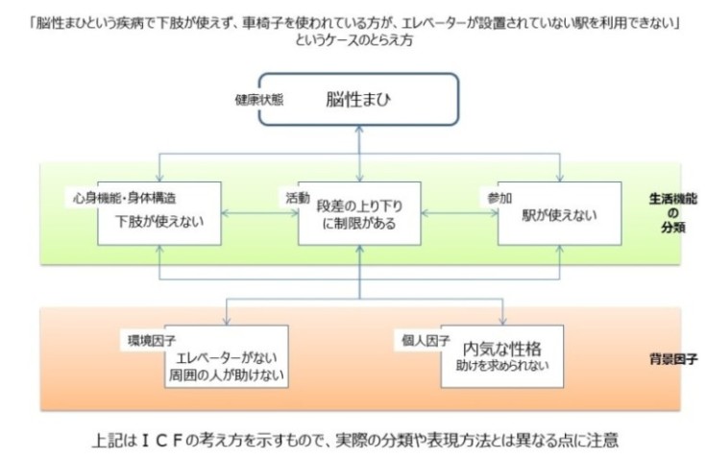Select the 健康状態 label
pos(258,99)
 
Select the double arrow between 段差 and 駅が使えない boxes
pos(458,212)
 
